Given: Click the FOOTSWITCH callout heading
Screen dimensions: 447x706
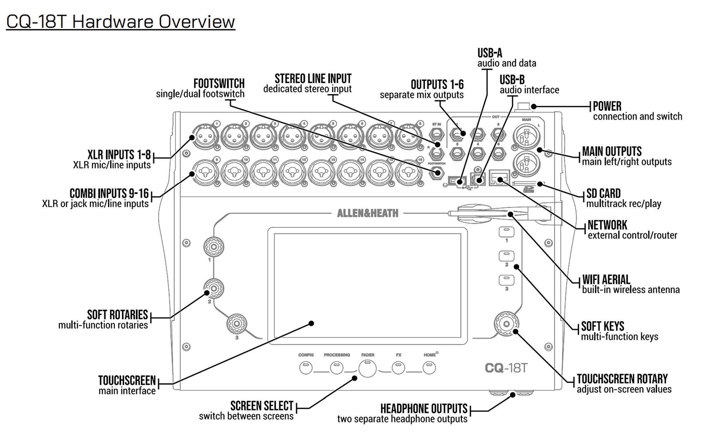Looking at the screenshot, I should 219,84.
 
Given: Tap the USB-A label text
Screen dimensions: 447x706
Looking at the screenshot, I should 490,53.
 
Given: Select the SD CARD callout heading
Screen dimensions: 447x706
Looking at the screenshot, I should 603,193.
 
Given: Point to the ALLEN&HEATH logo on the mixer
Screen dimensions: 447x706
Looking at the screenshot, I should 367,213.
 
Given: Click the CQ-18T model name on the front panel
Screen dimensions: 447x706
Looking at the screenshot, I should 506,368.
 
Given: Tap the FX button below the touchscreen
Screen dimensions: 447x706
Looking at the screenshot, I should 398,368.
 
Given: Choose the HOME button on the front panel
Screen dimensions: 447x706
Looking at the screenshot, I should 429,368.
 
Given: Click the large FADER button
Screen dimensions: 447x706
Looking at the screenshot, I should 367,369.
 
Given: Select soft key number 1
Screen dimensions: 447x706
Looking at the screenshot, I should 506,232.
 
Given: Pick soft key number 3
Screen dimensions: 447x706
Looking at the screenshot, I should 506,280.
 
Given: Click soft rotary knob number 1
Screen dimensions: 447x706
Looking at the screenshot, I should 214,247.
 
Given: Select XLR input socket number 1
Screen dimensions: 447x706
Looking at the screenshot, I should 205,135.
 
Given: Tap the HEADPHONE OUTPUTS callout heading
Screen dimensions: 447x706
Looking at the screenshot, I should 424,409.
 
